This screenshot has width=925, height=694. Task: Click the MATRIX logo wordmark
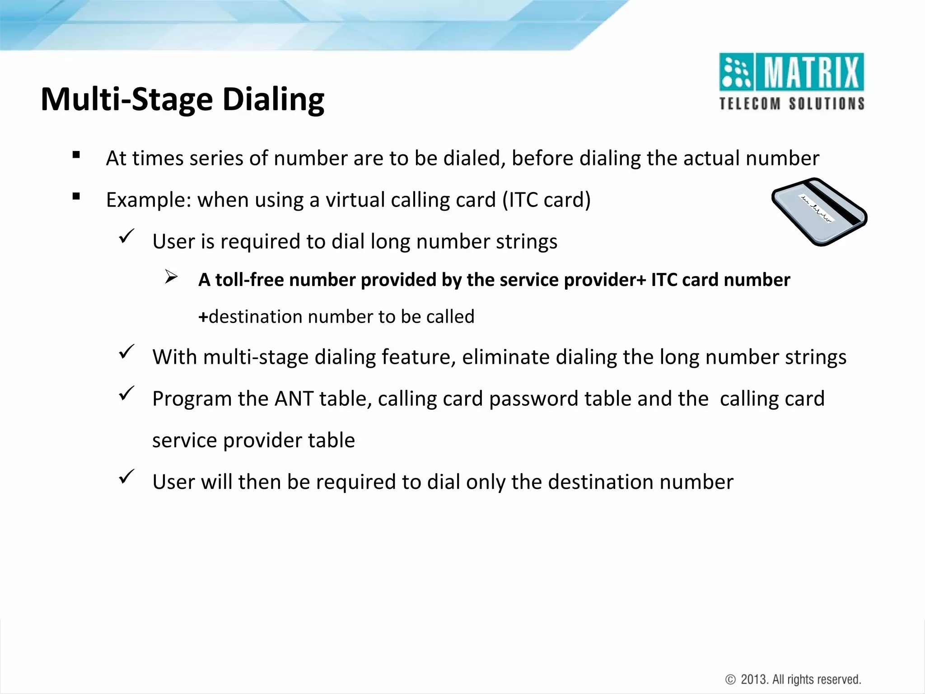coord(811,72)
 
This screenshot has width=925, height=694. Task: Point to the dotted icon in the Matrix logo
coord(736,72)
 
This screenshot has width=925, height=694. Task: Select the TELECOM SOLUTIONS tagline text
coord(792,103)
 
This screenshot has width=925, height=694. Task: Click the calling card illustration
coord(819,211)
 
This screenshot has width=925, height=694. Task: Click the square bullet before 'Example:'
coord(76,197)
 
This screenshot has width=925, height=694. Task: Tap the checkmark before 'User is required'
coord(126,236)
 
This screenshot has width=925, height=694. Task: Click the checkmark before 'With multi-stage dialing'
coord(126,352)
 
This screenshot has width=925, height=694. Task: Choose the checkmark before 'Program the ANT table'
coord(126,393)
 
